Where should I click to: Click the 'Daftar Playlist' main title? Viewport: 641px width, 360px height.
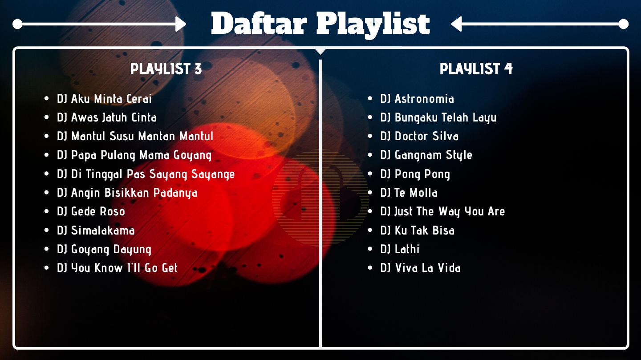point(320,24)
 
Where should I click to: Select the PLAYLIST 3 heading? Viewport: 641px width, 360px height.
point(166,69)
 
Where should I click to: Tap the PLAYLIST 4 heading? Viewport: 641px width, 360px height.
point(476,69)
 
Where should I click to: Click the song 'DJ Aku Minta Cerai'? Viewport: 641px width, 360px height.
point(104,99)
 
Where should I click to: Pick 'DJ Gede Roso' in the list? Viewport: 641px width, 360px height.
point(91,211)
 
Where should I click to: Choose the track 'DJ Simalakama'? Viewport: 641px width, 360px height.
point(96,231)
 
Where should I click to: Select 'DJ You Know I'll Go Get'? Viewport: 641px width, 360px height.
point(118,268)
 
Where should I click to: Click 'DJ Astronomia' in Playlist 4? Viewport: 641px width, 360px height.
point(417,99)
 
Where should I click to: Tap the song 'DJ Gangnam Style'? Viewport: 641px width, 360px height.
point(426,155)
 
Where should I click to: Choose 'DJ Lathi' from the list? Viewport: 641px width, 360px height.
point(400,249)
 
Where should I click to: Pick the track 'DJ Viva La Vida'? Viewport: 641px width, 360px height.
point(421,268)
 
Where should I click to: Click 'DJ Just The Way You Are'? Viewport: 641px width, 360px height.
point(442,212)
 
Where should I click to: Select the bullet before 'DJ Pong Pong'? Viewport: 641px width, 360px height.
point(370,174)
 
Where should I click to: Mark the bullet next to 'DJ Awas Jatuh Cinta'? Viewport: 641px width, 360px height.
point(47,117)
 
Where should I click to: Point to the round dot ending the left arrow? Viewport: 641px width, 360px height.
point(17,24)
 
